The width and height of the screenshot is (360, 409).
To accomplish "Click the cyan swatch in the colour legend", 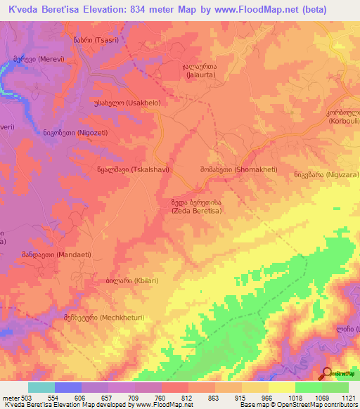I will pyautogui.click(x=41, y=387).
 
